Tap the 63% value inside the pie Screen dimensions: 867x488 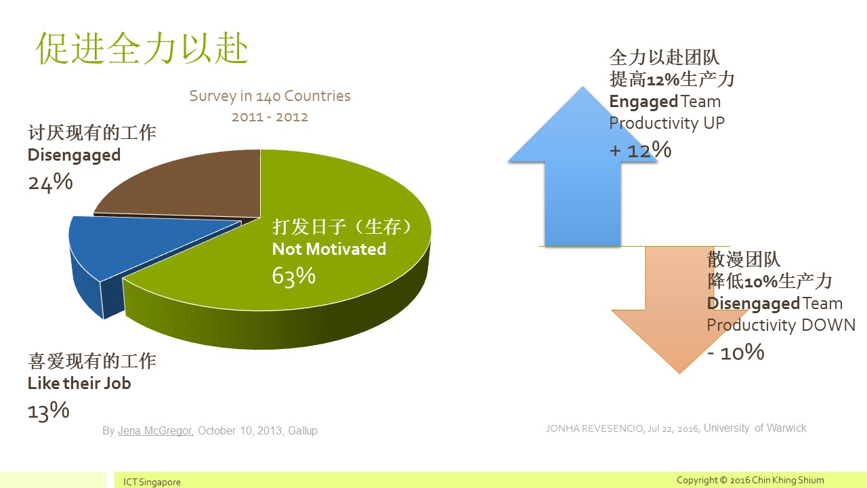(x=294, y=277)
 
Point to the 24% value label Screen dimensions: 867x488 (x=50, y=182)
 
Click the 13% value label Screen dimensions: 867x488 (x=49, y=411)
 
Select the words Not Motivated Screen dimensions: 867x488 (x=329, y=249)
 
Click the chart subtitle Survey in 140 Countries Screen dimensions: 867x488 (x=270, y=96)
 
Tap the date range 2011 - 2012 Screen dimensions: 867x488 (x=270, y=117)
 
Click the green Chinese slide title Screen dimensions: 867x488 (x=142, y=48)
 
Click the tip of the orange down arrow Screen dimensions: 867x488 (x=679, y=373)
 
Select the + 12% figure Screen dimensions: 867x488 (x=641, y=150)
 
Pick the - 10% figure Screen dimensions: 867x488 (x=736, y=352)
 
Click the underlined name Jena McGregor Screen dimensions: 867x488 (x=155, y=430)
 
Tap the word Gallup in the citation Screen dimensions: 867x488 (x=303, y=430)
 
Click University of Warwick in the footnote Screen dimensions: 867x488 (x=755, y=428)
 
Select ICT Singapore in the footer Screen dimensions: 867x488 (x=152, y=482)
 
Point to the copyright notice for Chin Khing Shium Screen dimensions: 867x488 (x=750, y=481)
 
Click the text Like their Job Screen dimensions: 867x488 (x=79, y=384)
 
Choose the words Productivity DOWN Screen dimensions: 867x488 (x=781, y=325)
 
